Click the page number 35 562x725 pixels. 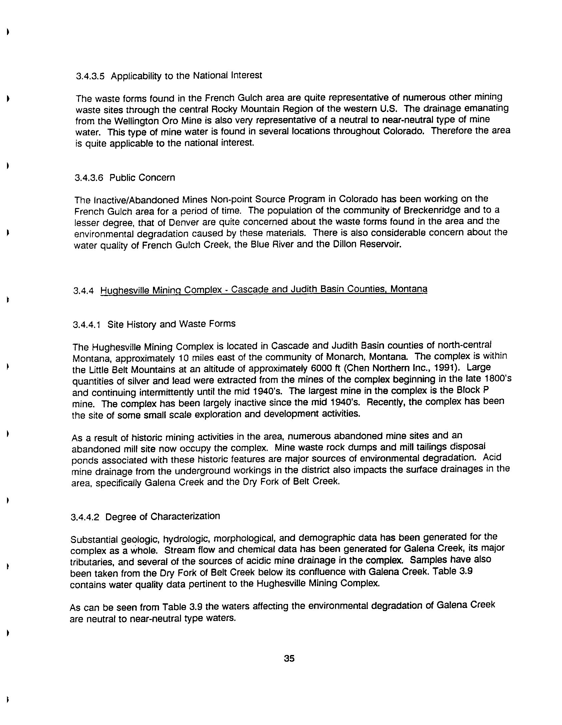(289, 658)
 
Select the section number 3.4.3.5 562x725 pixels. (90, 76)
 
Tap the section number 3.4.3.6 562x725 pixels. (89, 178)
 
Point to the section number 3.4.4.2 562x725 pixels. (85, 517)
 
